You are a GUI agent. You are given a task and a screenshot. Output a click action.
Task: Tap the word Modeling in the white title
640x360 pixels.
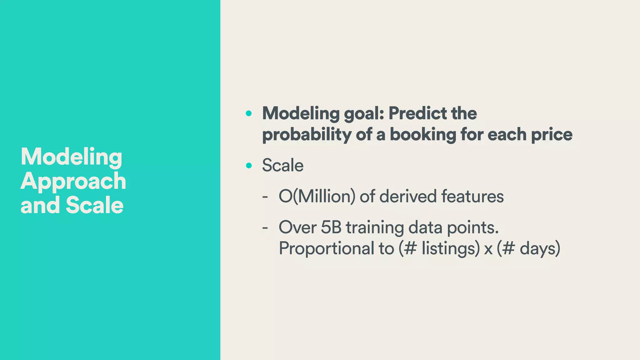click(71, 157)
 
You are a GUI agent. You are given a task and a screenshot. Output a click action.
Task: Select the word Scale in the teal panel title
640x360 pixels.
click(94, 205)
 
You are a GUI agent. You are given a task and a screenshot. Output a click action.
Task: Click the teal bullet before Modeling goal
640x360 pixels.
click(248, 113)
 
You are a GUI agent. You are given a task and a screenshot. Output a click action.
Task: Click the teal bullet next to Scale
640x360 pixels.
click(248, 165)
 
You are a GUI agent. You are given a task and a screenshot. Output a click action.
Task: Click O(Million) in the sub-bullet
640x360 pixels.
click(317, 197)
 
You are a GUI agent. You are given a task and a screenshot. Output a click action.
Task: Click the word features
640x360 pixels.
click(472, 197)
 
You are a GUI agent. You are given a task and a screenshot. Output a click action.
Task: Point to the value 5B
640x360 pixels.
click(331, 227)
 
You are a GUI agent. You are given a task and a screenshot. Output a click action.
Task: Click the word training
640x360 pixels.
click(375, 228)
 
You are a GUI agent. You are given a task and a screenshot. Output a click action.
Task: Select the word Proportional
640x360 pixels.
click(326, 249)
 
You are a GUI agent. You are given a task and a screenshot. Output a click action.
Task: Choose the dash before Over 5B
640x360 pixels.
click(265, 228)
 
